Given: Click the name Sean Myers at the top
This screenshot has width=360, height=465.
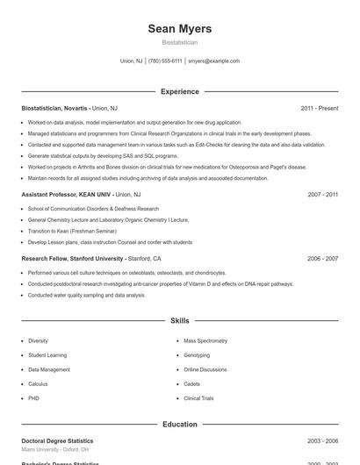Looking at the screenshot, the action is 180,29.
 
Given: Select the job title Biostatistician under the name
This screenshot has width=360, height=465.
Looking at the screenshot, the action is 180,42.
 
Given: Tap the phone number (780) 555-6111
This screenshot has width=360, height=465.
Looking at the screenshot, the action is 165,61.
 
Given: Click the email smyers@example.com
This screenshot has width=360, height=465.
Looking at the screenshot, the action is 213,61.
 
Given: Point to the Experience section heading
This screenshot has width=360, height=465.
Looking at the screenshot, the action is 180,91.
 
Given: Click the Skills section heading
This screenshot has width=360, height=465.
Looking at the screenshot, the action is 180,321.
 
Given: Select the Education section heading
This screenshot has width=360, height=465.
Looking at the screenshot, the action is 180,425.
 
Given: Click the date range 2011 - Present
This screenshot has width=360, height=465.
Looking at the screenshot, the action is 319,108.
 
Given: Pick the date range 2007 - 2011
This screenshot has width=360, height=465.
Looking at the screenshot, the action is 322,194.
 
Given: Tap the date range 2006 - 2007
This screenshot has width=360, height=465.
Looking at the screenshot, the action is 322,259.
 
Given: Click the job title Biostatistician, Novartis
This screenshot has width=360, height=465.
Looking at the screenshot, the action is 54,108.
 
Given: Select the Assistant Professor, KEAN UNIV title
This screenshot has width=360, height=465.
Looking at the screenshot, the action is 66,194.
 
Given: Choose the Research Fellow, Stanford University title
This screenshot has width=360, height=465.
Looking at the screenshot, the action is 72,259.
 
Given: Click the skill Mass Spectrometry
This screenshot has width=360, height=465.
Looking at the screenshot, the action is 205,340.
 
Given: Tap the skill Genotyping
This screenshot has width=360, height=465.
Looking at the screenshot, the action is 197,355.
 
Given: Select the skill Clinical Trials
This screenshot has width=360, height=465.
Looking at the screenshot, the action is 198,398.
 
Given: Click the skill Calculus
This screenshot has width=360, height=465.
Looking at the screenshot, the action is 38,384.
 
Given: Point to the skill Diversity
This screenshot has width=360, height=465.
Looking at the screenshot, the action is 38,340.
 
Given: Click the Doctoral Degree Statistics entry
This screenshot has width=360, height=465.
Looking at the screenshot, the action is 57,440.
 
